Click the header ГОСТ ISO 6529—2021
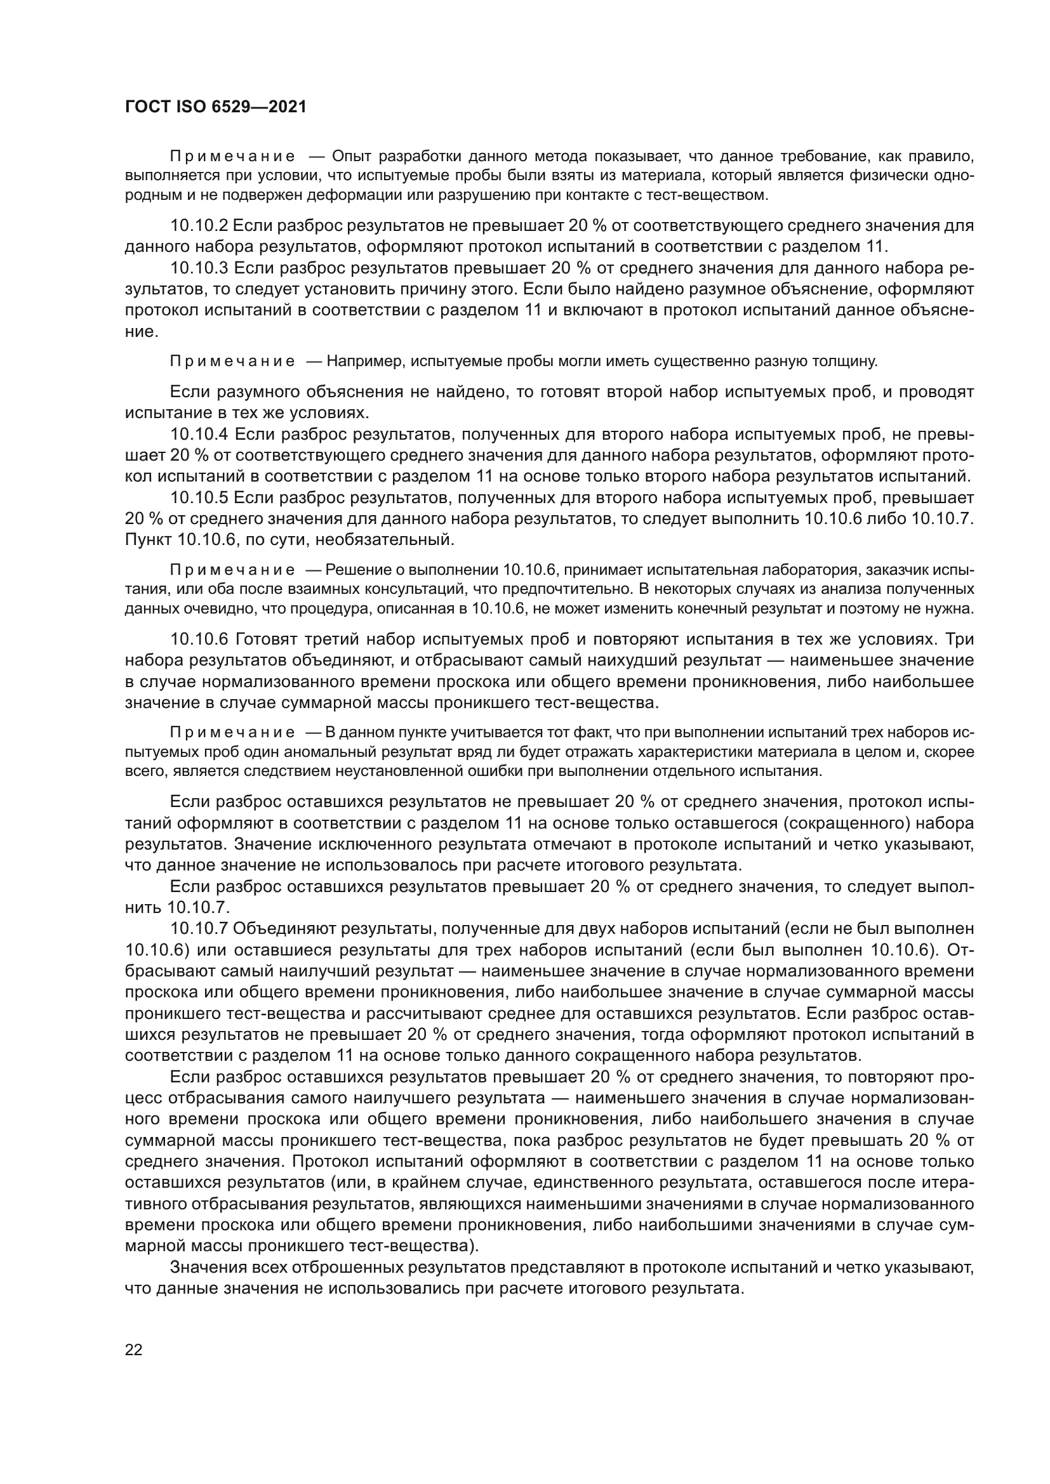pyautogui.click(x=215, y=107)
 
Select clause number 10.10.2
pyautogui.click(x=199, y=226)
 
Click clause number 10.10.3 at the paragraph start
pyautogui.click(x=199, y=268)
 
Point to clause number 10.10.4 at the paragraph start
pyautogui.click(x=199, y=435)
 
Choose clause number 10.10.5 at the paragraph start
pyautogui.click(x=199, y=497)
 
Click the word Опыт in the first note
pyautogui.click(x=352, y=157)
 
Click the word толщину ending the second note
pyautogui.click(x=849, y=361)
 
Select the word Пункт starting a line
pyautogui.click(x=143, y=539)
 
